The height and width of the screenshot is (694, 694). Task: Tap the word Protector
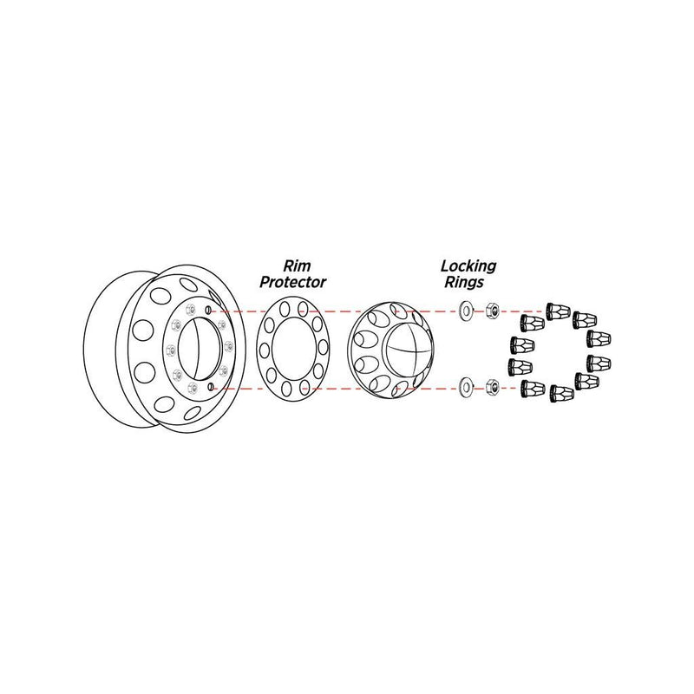pyautogui.click(x=292, y=282)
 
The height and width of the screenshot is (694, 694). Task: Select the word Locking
pyautogui.click(x=468, y=266)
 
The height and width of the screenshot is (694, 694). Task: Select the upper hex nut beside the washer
pyautogui.click(x=491, y=308)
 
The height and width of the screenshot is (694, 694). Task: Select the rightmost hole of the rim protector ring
pyautogui.click(x=323, y=347)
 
